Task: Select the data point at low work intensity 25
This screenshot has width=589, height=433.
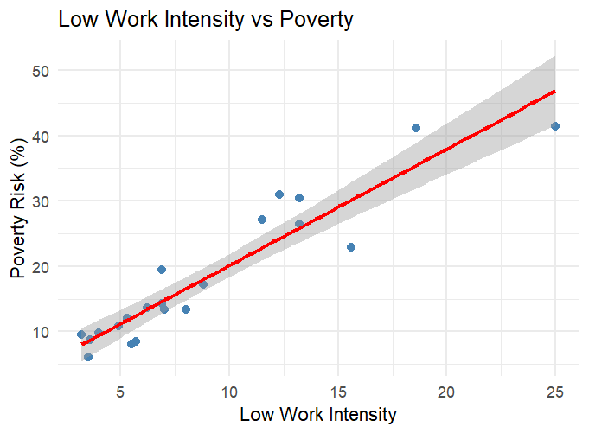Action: [x=555, y=126]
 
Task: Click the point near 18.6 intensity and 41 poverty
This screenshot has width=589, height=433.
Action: [x=416, y=128]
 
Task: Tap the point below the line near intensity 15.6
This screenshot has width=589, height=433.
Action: [x=351, y=247]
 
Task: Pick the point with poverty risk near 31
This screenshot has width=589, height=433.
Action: [x=279, y=194]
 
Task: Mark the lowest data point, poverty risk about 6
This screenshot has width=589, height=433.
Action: [x=88, y=357]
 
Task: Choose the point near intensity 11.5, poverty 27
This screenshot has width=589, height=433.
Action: [x=262, y=220]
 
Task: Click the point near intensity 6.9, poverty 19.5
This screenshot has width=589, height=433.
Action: [x=162, y=270]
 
